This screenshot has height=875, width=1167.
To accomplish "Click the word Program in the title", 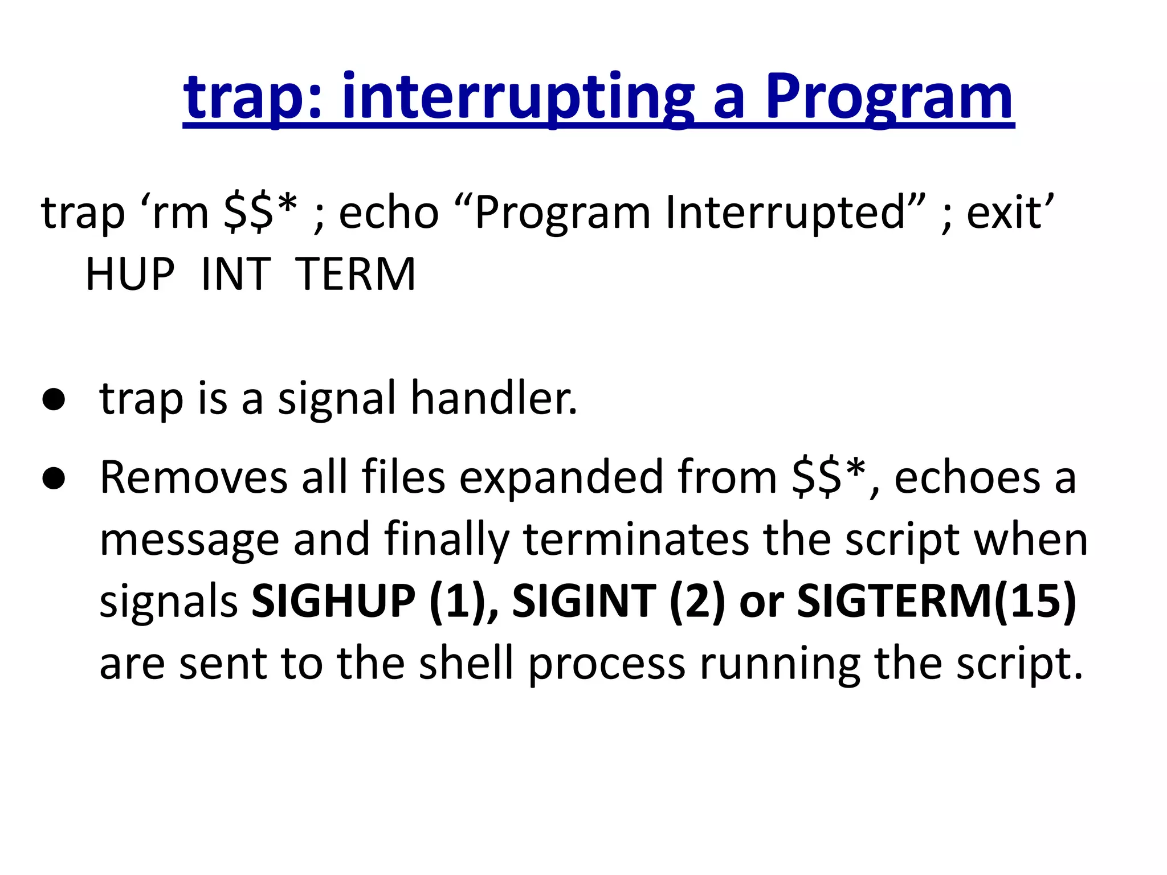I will click(889, 98).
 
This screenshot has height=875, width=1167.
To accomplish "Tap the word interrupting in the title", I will click(519, 98).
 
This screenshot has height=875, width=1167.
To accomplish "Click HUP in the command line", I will click(130, 275).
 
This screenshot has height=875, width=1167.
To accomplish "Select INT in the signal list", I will click(235, 275).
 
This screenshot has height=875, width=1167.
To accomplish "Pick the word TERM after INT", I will click(356, 275).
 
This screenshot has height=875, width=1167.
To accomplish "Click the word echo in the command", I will click(389, 213).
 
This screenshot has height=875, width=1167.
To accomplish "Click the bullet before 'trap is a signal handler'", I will click(54, 400).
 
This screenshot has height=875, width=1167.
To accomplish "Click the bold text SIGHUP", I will click(334, 602).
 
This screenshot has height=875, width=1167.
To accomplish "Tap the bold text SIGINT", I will click(584, 602).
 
